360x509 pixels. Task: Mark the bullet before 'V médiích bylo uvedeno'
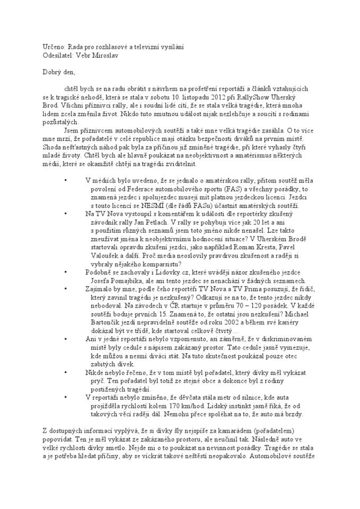(x=65, y=179)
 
